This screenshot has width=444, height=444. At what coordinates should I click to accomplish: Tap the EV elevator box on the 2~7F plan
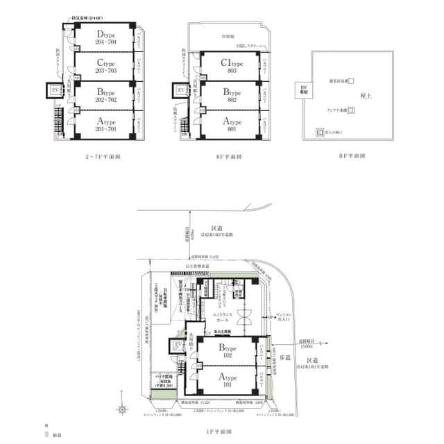55,90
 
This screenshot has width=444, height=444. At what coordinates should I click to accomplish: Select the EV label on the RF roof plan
303,89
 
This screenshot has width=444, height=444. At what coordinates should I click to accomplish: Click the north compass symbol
122,409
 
